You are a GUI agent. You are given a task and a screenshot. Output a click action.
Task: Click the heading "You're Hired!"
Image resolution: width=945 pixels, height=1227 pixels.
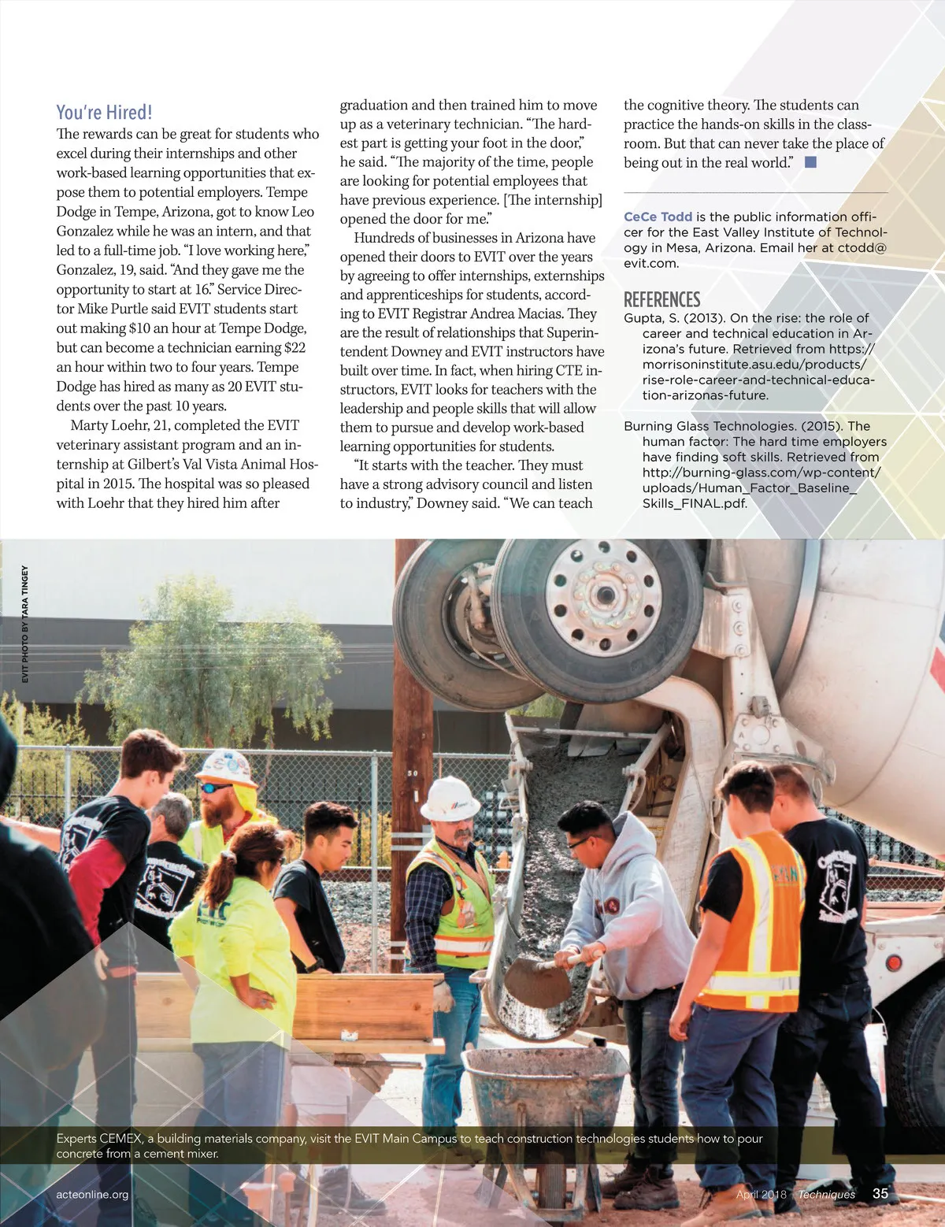click(104, 113)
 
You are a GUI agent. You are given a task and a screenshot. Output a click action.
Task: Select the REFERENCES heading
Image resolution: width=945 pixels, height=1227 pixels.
click(661, 300)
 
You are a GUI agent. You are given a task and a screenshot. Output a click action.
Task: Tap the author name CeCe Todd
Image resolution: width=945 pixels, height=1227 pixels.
click(658, 217)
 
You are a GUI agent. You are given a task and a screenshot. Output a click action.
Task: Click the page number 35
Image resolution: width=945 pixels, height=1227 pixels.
click(880, 1193)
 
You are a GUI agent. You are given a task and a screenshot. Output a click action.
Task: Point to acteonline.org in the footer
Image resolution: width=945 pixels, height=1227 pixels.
click(92, 1194)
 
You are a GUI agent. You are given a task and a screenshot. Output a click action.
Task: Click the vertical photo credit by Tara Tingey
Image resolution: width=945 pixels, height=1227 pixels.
click(25, 624)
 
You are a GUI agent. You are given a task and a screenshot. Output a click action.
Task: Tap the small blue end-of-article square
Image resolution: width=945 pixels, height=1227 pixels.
click(810, 162)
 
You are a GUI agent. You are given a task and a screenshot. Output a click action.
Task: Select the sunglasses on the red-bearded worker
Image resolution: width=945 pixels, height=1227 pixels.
click(215, 787)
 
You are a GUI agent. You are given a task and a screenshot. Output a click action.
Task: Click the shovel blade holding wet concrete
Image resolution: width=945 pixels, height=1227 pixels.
click(535, 980)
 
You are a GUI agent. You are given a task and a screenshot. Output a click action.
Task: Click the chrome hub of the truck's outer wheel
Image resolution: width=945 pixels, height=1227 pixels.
click(603, 595)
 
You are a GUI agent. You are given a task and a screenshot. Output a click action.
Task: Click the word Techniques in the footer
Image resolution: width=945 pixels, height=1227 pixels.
click(826, 1194)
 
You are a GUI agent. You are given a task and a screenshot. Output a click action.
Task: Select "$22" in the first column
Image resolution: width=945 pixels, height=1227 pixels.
click(295, 348)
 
